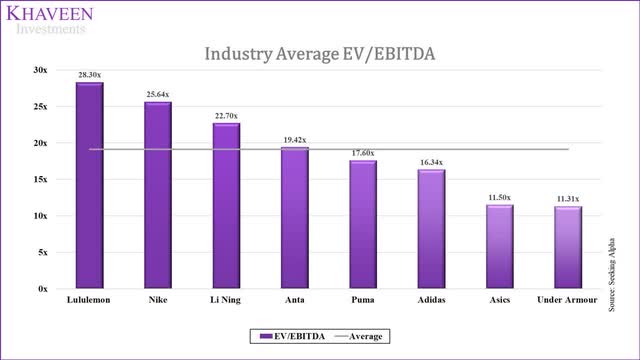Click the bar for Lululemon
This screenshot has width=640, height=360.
[x=89, y=186]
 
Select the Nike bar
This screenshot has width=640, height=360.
[x=157, y=196]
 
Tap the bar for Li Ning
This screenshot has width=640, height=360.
[x=226, y=206]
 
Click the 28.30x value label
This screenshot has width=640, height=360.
[x=89, y=73]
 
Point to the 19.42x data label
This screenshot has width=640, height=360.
[x=294, y=139]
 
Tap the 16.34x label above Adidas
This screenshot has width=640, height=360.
[x=431, y=161]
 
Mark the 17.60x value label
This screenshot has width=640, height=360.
[x=362, y=152]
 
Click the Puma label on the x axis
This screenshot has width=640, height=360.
[x=362, y=299]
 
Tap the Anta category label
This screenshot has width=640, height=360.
[x=294, y=299]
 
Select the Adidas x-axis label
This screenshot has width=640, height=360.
[x=431, y=299]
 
